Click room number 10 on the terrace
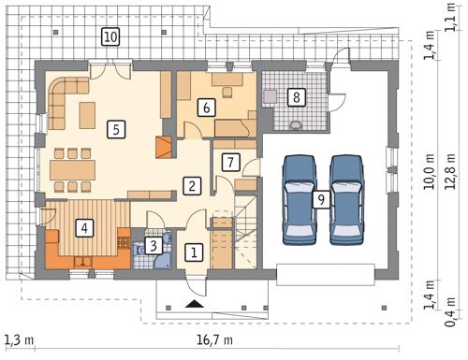pyautogui.click(x=110, y=37)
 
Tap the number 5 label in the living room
pyautogui.click(x=115, y=129)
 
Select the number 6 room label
pyautogui.click(x=204, y=108)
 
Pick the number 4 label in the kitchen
pyautogui.click(x=84, y=226)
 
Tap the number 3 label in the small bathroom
pyautogui.click(x=153, y=248)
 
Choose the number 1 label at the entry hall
pyautogui.click(x=193, y=252)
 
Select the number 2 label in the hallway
pyautogui.click(x=190, y=184)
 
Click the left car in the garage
pyautogui.click(x=299, y=198)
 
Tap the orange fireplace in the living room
pyautogui.click(x=165, y=147)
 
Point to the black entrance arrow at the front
pyautogui.click(x=194, y=304)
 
